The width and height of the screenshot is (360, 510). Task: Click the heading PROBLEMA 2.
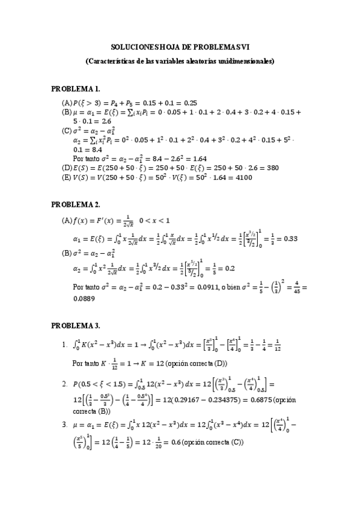[x=75, y=204]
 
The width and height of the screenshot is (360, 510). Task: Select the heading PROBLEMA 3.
[x=75, y=326]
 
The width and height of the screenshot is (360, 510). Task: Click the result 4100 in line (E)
[x=242, y=177]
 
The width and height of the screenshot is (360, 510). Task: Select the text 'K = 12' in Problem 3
[x=136, y=363]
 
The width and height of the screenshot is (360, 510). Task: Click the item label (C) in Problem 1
[x=67, y=130]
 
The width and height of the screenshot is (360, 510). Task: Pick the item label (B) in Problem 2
[x=67, y=251]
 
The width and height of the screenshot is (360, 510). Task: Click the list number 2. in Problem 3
[x=64, y=383]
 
